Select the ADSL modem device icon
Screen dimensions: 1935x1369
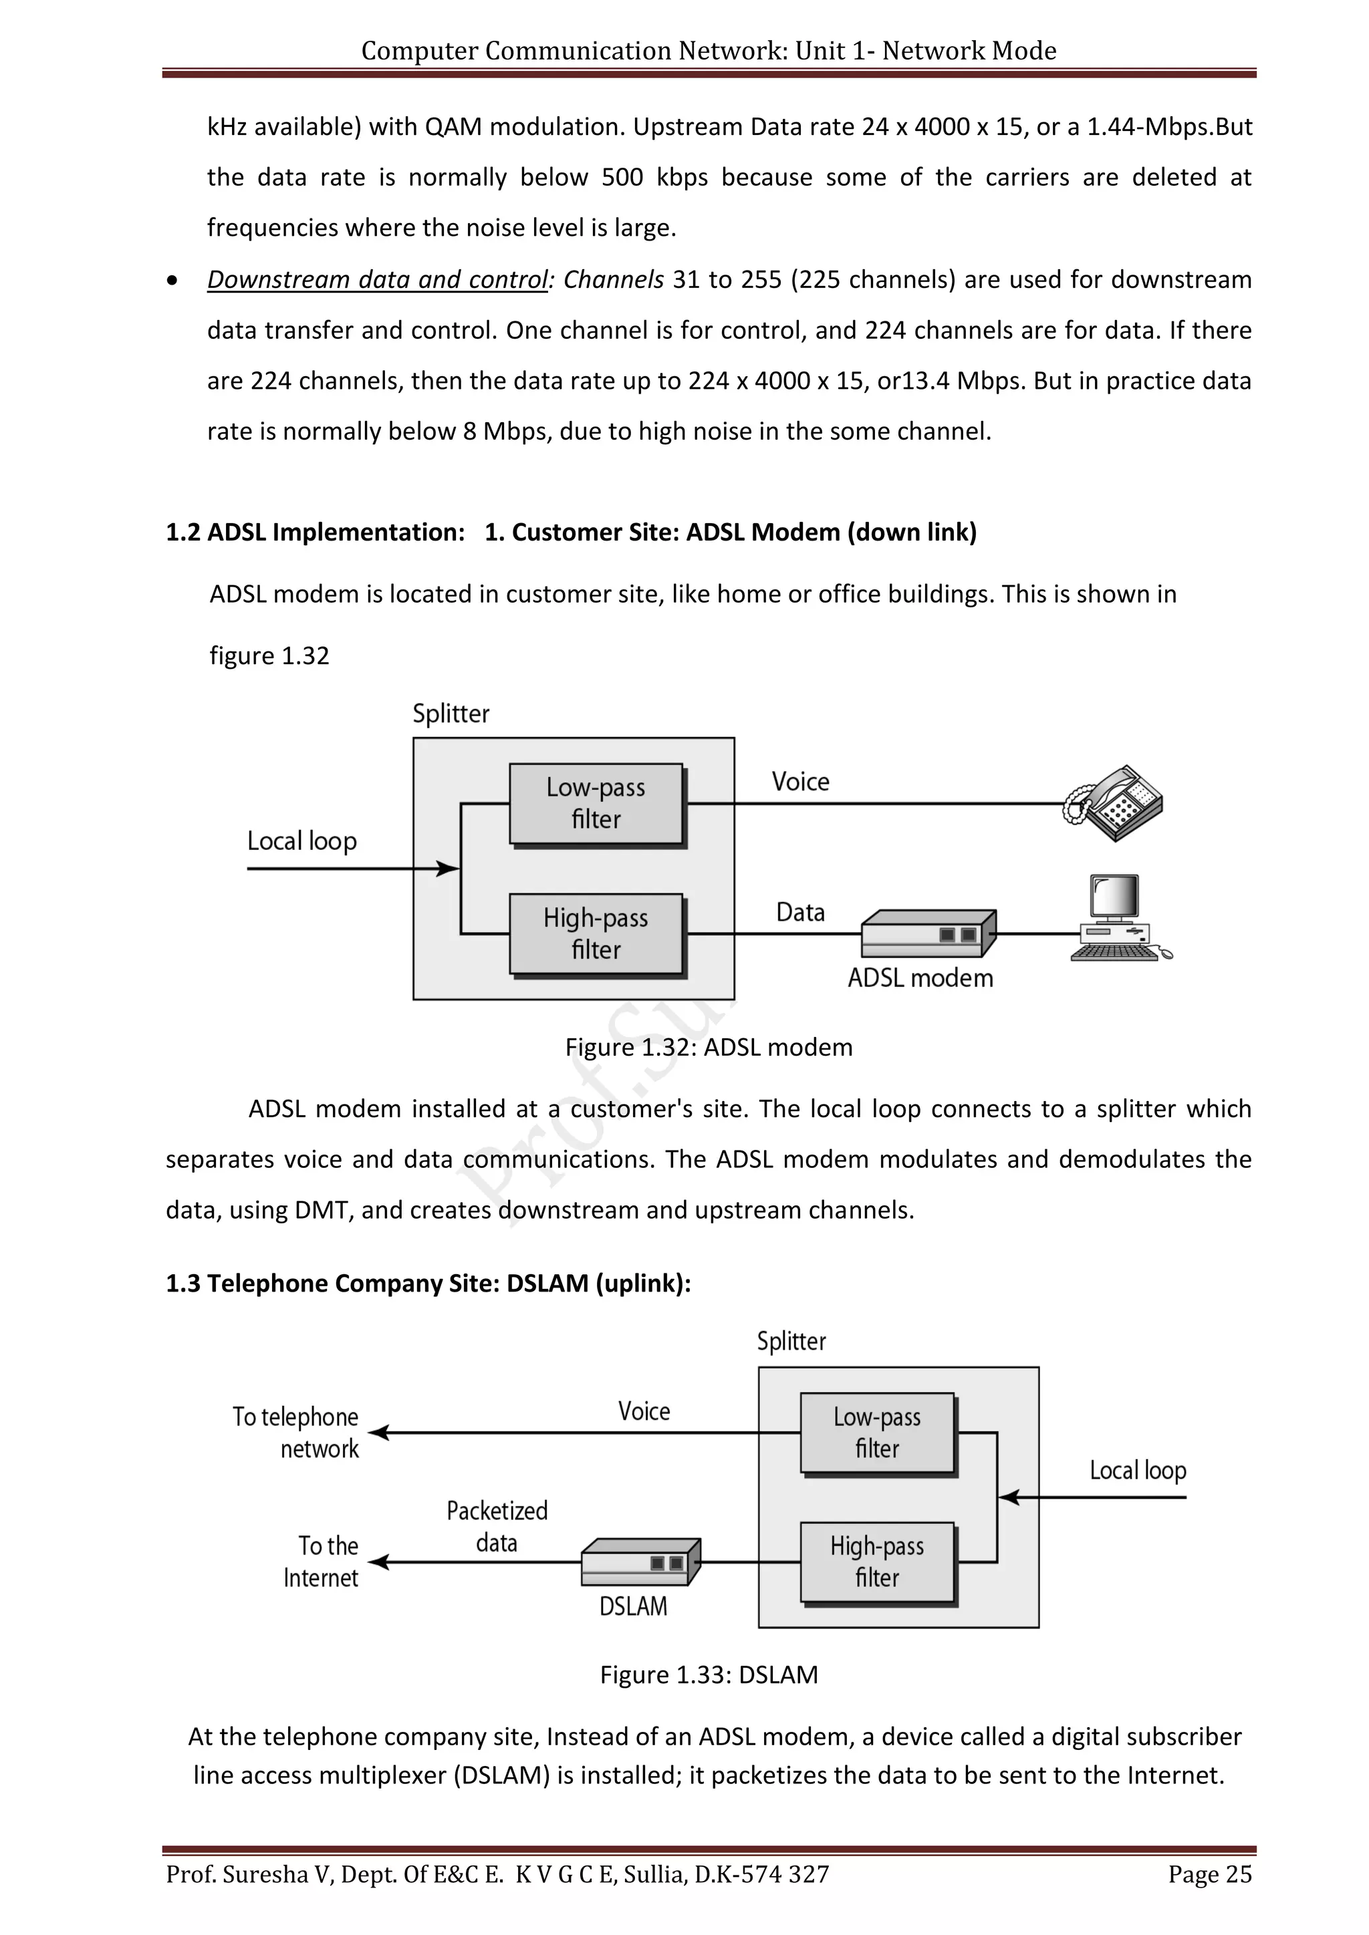pos(928,934)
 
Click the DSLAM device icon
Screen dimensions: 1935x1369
pos(640,1561)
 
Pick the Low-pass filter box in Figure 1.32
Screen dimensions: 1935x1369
pos(596,803)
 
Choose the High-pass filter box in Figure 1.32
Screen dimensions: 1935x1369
pos(596,934)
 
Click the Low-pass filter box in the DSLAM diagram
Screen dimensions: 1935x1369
pos(877,1432)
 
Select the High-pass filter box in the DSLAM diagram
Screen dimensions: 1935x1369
pos(877,1561)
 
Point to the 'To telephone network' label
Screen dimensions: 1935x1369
pos(296,1432)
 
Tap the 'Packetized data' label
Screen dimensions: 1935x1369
pos(497,1526)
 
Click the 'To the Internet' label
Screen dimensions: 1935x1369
pos(321,1561)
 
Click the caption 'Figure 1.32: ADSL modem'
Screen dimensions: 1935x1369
pos(709,1048)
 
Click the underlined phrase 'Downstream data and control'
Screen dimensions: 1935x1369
pos(377,280)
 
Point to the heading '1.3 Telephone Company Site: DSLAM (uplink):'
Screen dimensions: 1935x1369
pos(428,1284)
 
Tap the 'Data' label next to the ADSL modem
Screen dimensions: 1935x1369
pos(800,913)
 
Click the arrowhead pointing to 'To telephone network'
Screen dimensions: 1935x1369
pos(378,1433)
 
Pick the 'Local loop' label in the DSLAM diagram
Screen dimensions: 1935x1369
pos(1137,1471)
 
